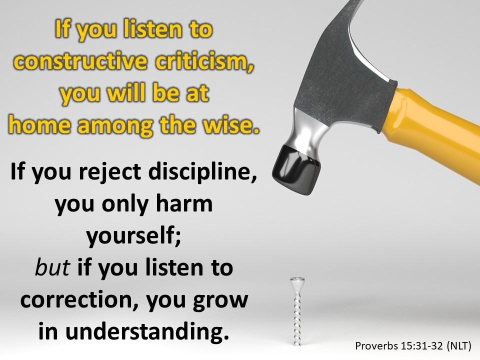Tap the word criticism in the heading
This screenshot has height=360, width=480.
204,60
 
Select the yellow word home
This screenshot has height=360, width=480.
39,124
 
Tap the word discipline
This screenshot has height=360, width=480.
202,171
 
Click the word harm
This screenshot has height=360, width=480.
184,203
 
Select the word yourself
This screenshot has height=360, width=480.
134,235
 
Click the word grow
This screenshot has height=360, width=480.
220,301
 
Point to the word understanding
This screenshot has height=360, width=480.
147,332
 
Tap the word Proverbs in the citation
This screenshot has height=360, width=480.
376,346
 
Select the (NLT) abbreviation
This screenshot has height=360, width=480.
459,346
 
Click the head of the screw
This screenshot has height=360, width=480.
297,280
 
